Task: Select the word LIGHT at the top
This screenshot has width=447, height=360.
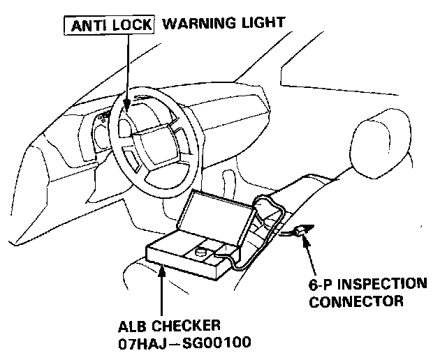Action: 263,23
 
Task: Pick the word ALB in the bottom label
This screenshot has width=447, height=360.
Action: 133,325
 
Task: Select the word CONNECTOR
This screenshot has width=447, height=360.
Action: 356,302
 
